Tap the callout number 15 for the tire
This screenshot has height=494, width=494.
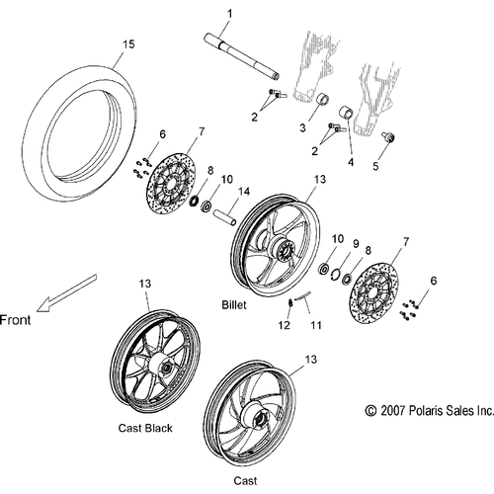coord(128,44)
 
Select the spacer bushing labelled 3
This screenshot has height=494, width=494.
coord(323,99)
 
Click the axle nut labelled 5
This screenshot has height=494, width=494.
coord(388,137)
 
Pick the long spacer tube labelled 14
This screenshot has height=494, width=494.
coord(225,217)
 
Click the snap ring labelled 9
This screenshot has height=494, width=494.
coord(335,274)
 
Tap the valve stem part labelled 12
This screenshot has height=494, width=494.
coord(290,302)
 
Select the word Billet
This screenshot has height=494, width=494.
coord(234,304)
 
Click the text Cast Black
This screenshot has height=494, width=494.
coord(145,428)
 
